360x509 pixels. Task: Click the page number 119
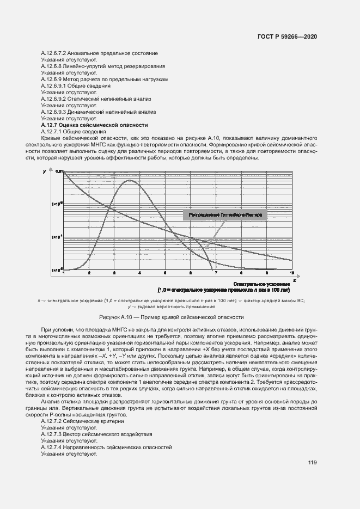[312, 463]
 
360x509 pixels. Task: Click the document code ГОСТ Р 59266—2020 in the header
[287, 36]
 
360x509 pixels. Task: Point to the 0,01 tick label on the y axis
[59, 171]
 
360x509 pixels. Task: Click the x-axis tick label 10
[292, 272]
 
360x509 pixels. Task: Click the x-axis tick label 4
[140, 272]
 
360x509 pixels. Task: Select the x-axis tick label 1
[64, 272]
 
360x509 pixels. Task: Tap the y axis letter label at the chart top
[44, 171]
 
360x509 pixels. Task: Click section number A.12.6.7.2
[53, 53]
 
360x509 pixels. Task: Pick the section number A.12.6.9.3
[53, 112]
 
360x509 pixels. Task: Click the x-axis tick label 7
[216, 272]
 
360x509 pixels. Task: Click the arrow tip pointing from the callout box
[205, 249]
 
